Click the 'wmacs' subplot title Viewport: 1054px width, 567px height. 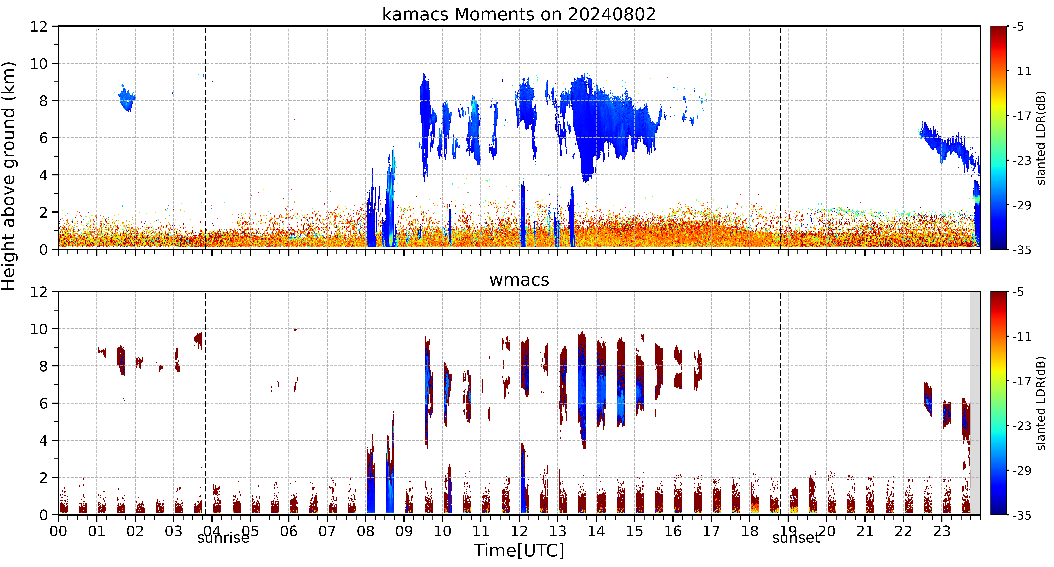519,280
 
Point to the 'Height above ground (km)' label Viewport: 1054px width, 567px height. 9,176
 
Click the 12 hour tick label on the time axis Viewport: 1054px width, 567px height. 519,531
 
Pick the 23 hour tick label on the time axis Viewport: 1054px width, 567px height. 942,531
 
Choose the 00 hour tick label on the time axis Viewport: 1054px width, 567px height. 59,531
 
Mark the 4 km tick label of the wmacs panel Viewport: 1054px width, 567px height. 43,441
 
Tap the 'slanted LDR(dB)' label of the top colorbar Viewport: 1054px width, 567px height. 1041,138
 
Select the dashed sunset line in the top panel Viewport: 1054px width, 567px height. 780,138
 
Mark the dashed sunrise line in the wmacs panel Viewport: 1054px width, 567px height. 205,403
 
